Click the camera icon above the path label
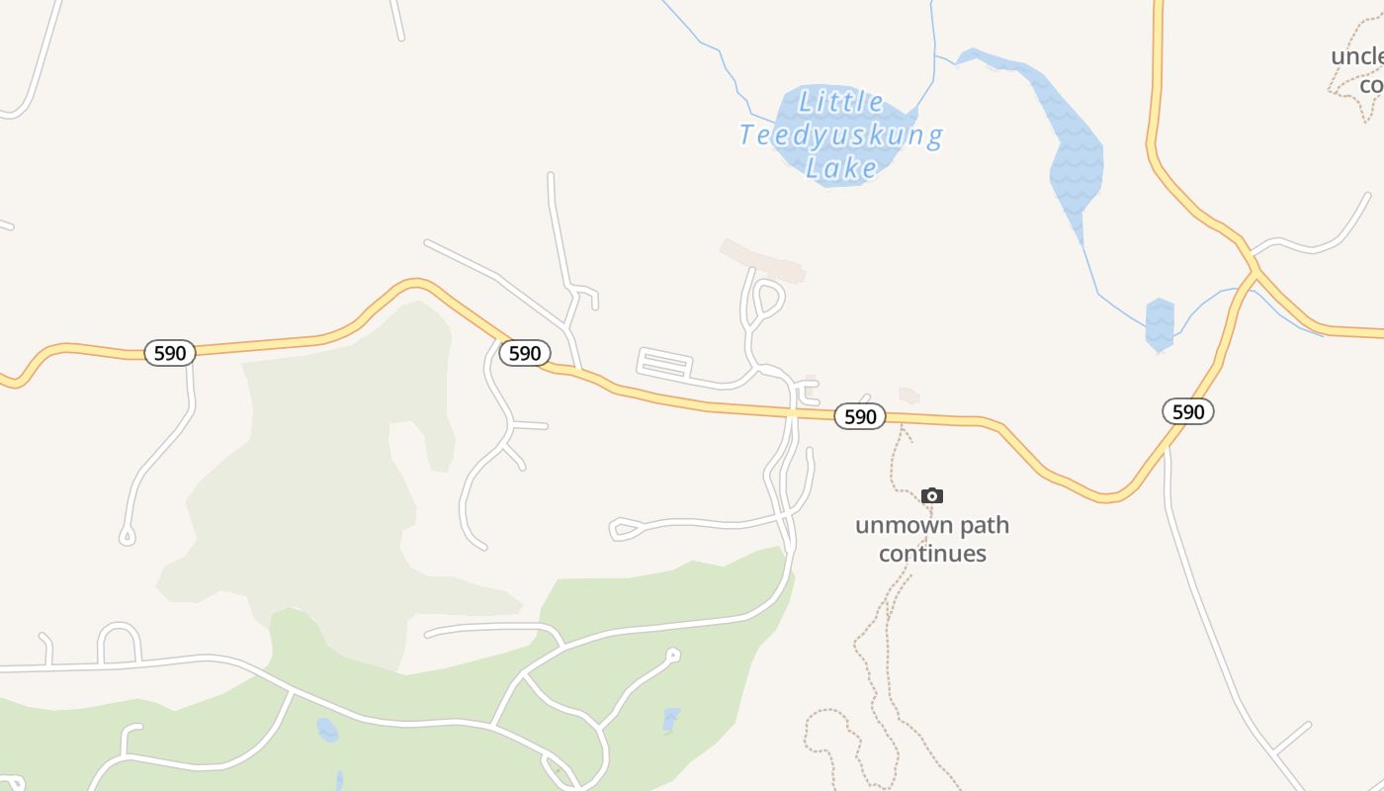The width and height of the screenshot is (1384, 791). point(931,495)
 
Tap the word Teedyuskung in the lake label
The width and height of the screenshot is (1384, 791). point(841,135)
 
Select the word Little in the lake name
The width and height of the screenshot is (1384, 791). point(841,102)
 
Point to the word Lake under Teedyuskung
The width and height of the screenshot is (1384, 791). point(841,168)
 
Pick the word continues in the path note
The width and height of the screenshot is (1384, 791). point(932,553)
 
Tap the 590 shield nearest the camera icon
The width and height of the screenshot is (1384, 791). point(860,416)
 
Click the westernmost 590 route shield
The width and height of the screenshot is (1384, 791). point(170,353)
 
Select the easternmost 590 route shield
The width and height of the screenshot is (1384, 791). point(1187,411)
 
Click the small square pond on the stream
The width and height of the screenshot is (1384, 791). point(1160,323)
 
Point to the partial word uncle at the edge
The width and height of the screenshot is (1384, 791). point(1356,56)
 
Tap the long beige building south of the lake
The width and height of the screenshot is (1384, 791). point(762,259)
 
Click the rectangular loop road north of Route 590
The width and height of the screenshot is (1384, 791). point(663,364)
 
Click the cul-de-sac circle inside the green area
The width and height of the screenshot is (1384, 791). point(673,654)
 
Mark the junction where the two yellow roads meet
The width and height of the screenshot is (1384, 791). point(1253,270)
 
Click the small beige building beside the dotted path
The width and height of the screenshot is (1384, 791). point(908,395)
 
